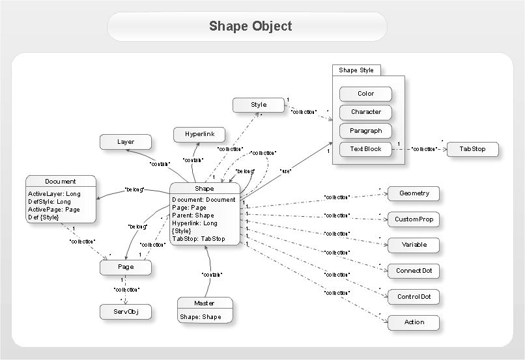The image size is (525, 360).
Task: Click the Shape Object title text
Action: [x=250, y=26]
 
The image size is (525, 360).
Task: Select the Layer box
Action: [x=126, y=142]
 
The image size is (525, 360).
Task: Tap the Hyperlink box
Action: [x=199, y=135]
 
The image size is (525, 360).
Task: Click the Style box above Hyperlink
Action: [x=259, y=105]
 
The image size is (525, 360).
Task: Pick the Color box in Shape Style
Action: [x=365, y=94]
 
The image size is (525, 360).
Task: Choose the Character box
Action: [x=365, y=112]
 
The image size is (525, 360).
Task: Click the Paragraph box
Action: [x=365, y=130]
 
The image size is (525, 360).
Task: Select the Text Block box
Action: [x=365, y=148]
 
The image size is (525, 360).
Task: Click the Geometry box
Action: [x=414, y=193]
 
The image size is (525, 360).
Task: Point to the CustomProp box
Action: [x=414, y=219]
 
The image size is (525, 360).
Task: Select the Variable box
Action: [x=414, y=245]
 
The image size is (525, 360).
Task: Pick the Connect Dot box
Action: [x=414, y=271]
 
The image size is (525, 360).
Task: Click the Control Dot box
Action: [x=414, y=297]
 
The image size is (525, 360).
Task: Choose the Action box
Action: [x=414, y=322]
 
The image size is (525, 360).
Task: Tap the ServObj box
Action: [x=126, y=312]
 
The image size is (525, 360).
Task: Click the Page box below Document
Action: [x=126, y=267]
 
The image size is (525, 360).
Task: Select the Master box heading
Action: [x=204, y=303]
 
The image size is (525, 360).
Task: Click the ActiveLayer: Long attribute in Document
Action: [x=55, y=193]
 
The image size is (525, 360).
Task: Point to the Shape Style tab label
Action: [x=356, y=70]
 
